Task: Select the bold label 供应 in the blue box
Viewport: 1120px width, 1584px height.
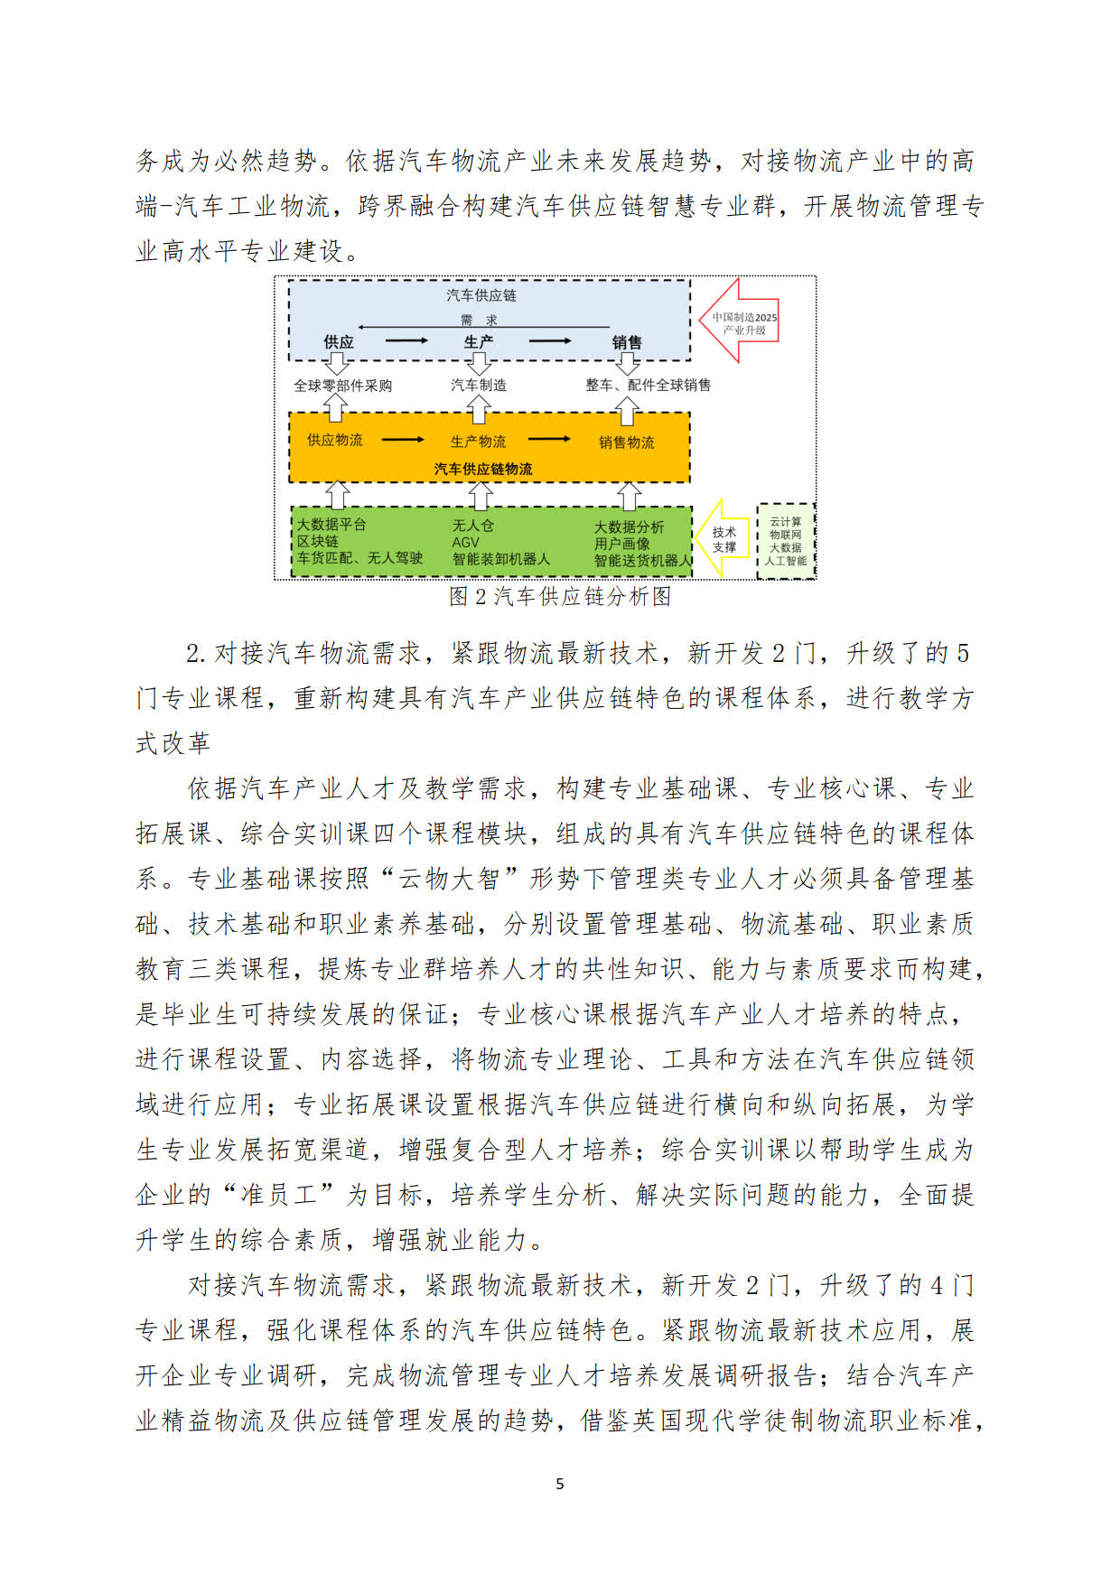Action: (x=339, y=342)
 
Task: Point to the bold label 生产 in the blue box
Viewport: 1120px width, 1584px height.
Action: (x=478, y=342)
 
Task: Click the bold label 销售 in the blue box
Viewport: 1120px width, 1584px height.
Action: (x=627, y=342)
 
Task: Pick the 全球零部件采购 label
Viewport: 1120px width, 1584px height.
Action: (x=343, y=386)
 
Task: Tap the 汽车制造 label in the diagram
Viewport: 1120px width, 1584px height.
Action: (x=479, y=385)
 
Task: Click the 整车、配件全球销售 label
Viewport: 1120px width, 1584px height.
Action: (x=648, y=385)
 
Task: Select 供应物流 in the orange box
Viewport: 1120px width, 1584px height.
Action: (x=335, y=440)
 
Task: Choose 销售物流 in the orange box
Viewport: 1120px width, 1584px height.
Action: (x=627, y=443)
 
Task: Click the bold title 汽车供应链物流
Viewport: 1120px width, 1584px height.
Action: (x=483, y=469)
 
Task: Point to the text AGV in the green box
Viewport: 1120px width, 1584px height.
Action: (x=466, y=542)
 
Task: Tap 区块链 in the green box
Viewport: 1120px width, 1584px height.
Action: (x=318, y=541)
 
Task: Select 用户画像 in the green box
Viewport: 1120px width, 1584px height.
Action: (x=622, y=544)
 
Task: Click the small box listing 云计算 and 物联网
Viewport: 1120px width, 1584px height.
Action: (x=785, y=541)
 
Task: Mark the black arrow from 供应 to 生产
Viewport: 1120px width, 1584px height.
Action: (x=406, y=340)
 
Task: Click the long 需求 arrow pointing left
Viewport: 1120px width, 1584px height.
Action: (x=483, y=327)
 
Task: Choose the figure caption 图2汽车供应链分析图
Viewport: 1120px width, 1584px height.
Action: (x=560, y=597)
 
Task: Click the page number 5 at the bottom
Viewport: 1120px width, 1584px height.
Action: (x=560, y=1484)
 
